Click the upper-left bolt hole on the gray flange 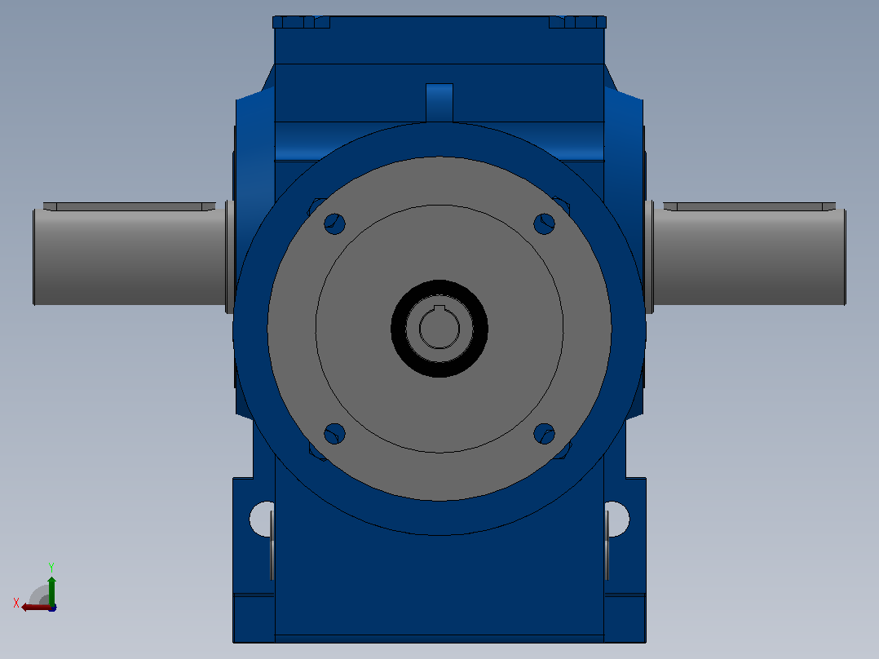coord(334,223)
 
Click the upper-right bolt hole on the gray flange coord(544,223)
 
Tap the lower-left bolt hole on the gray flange coord(334,434)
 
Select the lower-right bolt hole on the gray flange coord(544,434)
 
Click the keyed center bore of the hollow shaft coord(439,328)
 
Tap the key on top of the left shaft coord(129,207)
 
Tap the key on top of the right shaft coord(749,207)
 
